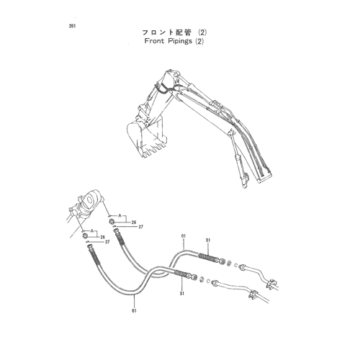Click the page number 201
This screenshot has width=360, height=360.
tap(72, 26)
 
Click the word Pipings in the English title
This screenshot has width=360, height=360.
tap(180, 41)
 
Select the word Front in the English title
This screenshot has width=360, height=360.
tap(154, 41)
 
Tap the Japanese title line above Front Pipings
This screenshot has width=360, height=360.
tap(174, 32)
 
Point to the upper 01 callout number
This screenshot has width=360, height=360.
tap(184, 236)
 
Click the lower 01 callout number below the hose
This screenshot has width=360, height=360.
tap(134, 311)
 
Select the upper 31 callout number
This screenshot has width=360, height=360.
tap(208, 240)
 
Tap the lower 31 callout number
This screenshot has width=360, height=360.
tap(182, 293)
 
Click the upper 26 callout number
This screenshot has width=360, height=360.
tap(134, 222)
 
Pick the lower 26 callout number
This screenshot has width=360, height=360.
tap(103, 237)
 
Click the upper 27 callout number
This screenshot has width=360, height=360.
tap(141, 227)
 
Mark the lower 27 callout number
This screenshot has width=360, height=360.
tap(107, 242)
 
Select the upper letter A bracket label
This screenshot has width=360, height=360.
tap(120, 216)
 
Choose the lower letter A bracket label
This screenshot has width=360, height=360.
tap(91, 231)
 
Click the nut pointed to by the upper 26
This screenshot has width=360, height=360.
tap(112, 222)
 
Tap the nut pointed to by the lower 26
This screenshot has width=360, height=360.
tap(85, 236)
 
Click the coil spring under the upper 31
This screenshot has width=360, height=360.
tap(208, 257)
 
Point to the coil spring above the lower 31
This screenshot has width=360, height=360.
tap(182, 274)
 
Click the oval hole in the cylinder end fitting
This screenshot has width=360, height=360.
tap(90, 199)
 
